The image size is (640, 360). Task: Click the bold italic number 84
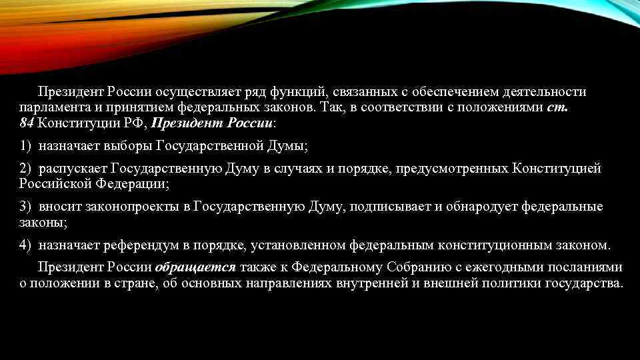[x=27, y=123]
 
